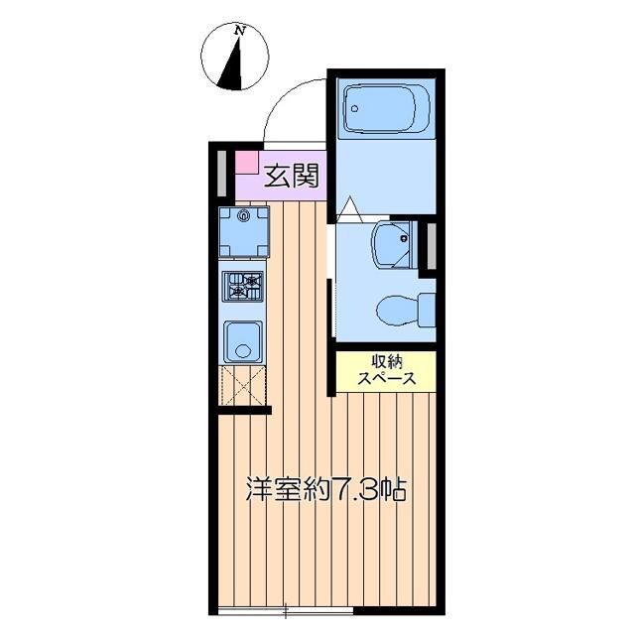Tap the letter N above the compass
239,31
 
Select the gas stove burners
243,288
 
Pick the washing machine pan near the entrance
243,231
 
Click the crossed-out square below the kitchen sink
241,384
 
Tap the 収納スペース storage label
386,370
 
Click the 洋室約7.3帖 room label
327,489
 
